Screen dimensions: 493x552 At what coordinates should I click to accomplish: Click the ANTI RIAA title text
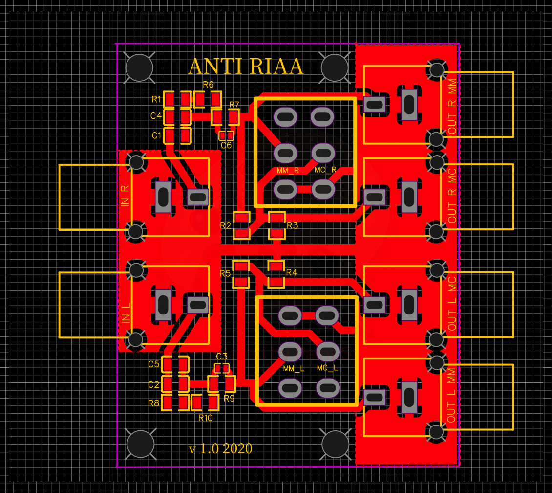246,67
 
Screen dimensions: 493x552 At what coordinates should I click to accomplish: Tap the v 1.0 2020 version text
220,448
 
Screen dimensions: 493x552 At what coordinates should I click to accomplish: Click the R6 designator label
209,85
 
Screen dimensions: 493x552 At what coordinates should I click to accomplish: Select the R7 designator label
234,105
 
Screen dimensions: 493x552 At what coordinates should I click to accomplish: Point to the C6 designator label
226,145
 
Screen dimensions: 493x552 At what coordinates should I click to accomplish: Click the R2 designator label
225,225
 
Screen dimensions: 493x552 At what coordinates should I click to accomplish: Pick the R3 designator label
293,225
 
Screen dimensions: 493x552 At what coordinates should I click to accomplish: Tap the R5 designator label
225,273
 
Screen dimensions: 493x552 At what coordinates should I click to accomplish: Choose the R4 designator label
292,272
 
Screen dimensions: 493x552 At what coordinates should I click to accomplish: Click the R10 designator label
206,418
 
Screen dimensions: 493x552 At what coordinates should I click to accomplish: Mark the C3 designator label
222,356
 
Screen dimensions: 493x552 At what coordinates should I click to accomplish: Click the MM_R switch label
288,171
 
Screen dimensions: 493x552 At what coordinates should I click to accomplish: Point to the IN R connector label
126,196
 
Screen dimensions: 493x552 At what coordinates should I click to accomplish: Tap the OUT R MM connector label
452,107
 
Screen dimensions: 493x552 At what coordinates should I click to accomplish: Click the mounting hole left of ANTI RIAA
140,68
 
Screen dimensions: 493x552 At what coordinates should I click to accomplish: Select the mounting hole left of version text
141,444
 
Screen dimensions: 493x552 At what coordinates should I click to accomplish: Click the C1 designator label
157,135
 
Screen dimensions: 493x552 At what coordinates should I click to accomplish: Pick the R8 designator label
153,403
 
